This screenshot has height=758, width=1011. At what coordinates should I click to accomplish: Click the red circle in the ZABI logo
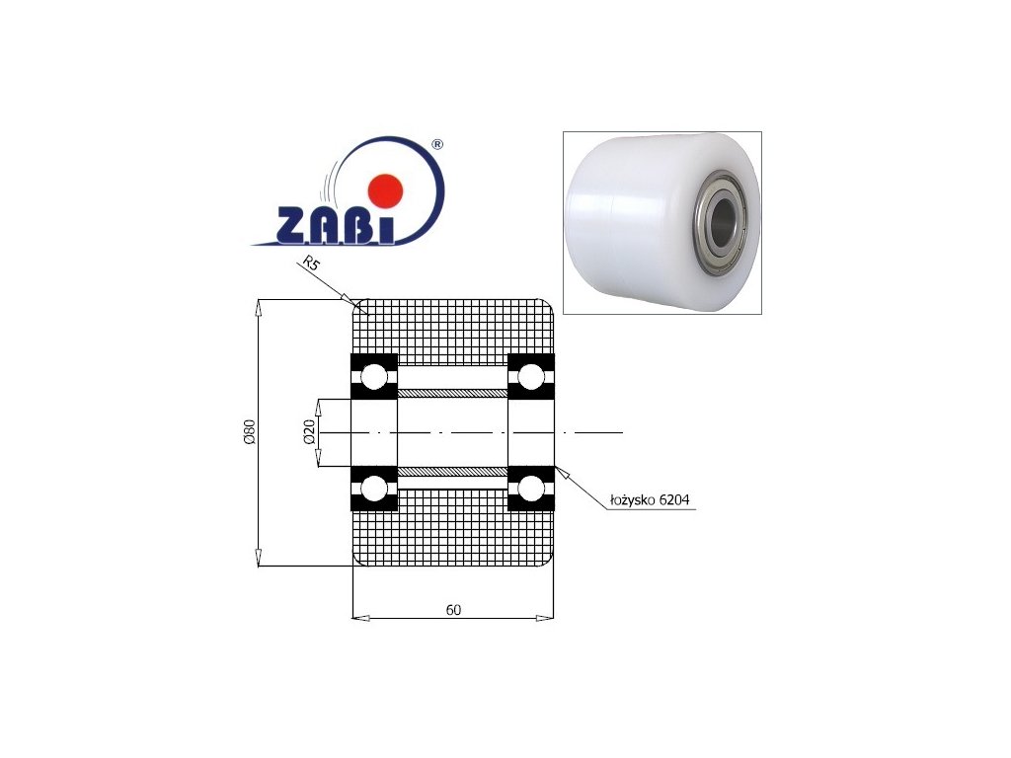tap(385, 189)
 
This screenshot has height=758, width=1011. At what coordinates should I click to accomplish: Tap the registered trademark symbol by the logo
tap(437, 144)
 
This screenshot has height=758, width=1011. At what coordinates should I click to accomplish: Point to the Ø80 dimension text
tap(250, 432)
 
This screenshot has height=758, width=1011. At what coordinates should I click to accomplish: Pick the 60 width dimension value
tap(453, 609)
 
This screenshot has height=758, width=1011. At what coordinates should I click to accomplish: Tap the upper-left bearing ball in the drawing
tap(373, 376)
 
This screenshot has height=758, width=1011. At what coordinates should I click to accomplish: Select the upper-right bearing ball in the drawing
tap(531, 376)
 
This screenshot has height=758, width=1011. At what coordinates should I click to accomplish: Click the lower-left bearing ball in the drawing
tap(373, 488)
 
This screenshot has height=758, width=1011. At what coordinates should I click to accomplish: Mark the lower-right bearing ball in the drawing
tap(531, 488)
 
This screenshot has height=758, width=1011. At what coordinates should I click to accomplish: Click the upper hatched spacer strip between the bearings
tap(452, 394)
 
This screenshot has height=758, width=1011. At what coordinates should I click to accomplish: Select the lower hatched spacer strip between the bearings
tap(452, 471)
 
